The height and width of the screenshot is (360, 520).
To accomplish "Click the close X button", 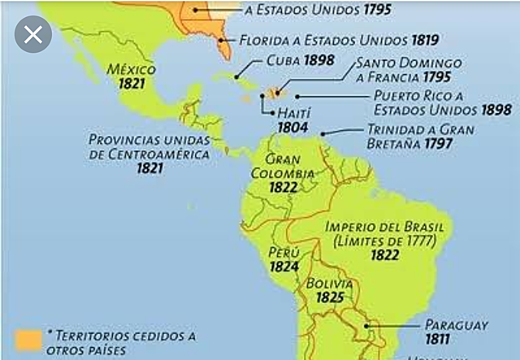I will pos(33,35).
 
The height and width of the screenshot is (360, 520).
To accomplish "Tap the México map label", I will pos(131,69).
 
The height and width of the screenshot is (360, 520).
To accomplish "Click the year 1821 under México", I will pos(130,84).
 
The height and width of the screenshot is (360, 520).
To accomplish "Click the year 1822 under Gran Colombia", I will pos(284,187).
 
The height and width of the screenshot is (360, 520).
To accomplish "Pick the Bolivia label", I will pos(329,284).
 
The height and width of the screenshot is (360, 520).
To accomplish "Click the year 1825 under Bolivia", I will pos(329,298).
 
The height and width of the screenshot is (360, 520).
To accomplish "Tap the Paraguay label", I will pos(456,324).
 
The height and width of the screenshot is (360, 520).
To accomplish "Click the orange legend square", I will pos(29,340).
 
